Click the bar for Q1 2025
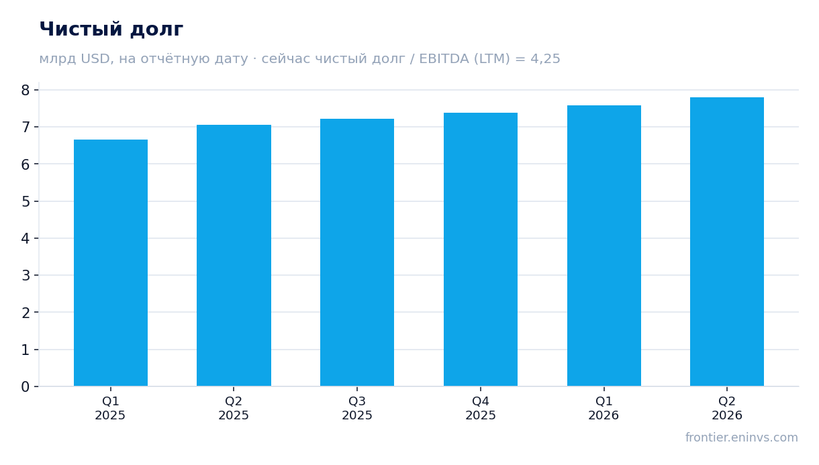[x=111, y=263]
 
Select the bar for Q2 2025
[x=234, y=256]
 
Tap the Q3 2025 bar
[x=357, y=252]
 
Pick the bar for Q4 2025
[x=481, y=250]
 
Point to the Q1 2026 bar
[x=604, y=246]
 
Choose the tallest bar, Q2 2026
[x=727, y=242]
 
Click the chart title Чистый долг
[x=111, y=30]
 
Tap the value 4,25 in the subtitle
[x=545, y=59]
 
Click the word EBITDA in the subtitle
[x=444, y=58]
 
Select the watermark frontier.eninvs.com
[x=742, y=437]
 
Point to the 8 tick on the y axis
[x=26, y=90]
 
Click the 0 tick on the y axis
[x=26, y=386]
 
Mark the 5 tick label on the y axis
[x=26, y=201]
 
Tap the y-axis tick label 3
[x=26, y=275]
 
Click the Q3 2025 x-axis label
[x=357, y=409]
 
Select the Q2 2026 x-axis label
[x=727, y=409]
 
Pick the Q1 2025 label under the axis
[x=110, y=409]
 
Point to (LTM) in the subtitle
[x=492, y=58]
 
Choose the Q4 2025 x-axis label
[x=481, y=409]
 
